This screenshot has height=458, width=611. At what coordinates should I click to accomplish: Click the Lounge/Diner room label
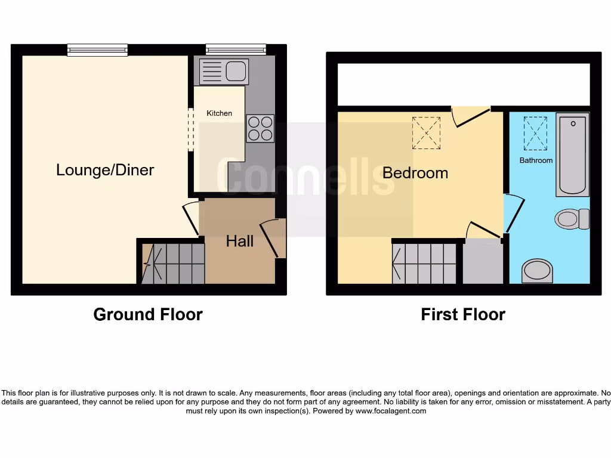click(x=105, y=170)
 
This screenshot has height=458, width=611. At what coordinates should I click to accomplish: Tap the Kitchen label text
click(x=219, y=113)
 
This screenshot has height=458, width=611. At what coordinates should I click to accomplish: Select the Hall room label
click(x=239, y=241)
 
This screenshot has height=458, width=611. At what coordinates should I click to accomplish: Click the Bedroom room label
click(x=415, y=173)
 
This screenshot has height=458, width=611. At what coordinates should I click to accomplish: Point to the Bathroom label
click(x=536, y=160)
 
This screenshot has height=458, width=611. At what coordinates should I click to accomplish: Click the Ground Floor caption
click(x=148, y=314)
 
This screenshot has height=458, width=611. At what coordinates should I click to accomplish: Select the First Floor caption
click(x=462, y=314)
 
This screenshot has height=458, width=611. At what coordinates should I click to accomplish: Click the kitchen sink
click(x=224, y=72)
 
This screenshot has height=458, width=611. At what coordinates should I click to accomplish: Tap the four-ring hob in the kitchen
click(x=260, y=128)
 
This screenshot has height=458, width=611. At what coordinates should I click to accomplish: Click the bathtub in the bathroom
click(x=572, y=154)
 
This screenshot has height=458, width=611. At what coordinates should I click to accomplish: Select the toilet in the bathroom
click(x=572, y=219)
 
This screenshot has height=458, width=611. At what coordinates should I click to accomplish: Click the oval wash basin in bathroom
click(x=537, y=271)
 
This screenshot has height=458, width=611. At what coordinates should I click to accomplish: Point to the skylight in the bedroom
click(x=426, y=132)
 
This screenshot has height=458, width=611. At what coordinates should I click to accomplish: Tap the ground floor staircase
click(x=174, y=263)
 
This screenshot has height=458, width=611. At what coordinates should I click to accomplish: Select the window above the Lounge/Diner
click(x=97, y=50)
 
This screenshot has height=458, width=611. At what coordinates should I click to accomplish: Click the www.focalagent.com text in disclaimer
click(x=391, y=411)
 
